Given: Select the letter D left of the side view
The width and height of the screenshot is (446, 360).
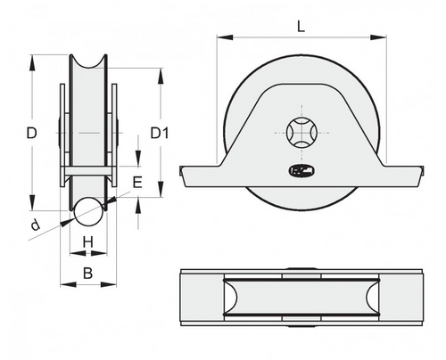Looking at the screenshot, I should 30,134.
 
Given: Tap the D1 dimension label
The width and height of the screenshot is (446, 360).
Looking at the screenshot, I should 160,134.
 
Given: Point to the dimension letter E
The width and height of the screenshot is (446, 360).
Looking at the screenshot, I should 136,183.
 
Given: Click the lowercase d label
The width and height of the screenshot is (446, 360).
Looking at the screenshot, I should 35,226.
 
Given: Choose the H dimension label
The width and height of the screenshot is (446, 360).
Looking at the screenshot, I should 87,242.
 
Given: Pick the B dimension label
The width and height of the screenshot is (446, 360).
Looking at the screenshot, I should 87,274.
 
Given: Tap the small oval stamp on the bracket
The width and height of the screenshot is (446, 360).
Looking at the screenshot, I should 298,169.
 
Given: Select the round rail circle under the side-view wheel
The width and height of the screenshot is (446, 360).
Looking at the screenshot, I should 87,212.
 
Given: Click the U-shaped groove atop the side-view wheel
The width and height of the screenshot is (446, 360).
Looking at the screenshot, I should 88,64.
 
